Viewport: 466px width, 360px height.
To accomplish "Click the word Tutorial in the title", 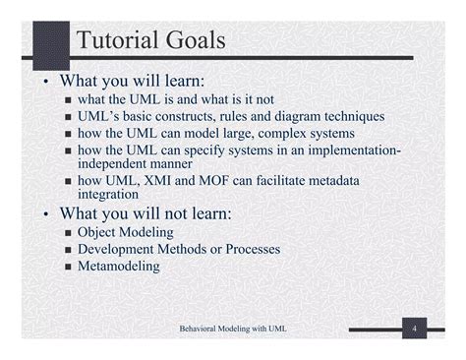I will (x=118, y=41).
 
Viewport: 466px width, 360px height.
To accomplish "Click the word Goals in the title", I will (x=196, y=41).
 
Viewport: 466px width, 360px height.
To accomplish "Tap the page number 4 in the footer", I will (x=416, y=327).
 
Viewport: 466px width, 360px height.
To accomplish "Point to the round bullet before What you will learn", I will (x=46, y=82).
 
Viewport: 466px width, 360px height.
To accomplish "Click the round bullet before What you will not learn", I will (x=46, y=215).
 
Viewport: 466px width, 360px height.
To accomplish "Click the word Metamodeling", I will (x=119, y=266).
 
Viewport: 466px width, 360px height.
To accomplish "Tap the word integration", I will (x=109, y=195).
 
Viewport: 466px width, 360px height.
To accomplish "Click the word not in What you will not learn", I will (x=172, y=214).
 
